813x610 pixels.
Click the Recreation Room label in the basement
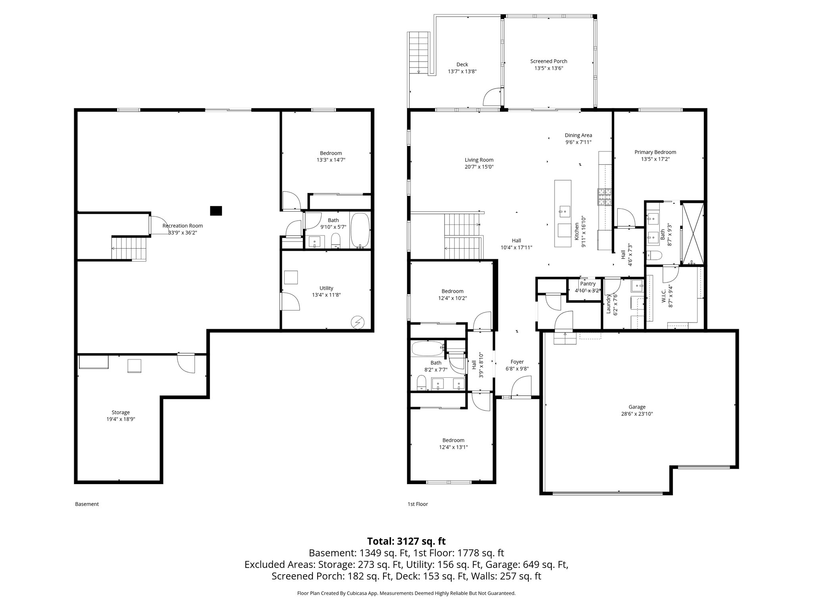[x=183, y=226]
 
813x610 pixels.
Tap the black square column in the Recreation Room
[x=216, y=210]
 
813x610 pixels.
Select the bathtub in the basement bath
[x=360, y=230]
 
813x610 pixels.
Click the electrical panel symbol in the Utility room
[x=358, y=322]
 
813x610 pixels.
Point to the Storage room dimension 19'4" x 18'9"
[x=120, y=419]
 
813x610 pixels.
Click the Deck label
[x=462, y=64]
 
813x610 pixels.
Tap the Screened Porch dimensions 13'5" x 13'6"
[x=549, y=68]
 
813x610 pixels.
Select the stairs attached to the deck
[x=419, y=52]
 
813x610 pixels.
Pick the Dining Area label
[x=578, y=135]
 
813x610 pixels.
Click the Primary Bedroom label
[x=655, y=152]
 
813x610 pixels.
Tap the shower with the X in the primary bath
[x=693, y=234]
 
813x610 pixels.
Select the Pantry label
[x=588, y=284]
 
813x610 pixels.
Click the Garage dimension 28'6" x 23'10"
[x=637, y=413]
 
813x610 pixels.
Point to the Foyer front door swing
[x=521, y=387]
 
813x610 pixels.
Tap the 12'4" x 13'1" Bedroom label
[x=453, y=440]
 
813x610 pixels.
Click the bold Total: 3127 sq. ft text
[x=406, y=541]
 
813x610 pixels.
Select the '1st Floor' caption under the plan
[x=418, y=504]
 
